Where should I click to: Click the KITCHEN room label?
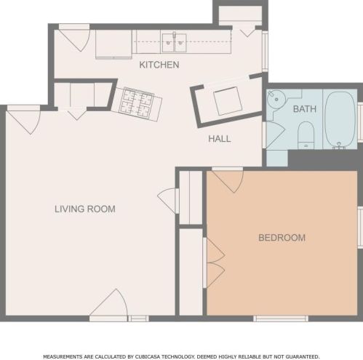pos(159,65)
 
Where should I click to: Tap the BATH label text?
pos(304,109)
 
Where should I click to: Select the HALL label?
pos(219,139)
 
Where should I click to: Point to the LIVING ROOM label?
pos(85,209)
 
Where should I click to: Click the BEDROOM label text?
pos(282,238)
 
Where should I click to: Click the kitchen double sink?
pos(174,42)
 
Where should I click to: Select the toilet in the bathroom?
pos(306,134)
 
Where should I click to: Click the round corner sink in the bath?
pos(274,102)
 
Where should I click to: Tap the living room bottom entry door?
pos(111,305)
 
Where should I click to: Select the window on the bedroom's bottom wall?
pos(280,318)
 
